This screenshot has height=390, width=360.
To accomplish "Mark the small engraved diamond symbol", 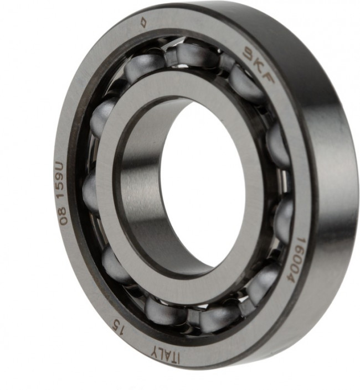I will click(143, 22).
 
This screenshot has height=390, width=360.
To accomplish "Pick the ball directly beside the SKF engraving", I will click(244, 83).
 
